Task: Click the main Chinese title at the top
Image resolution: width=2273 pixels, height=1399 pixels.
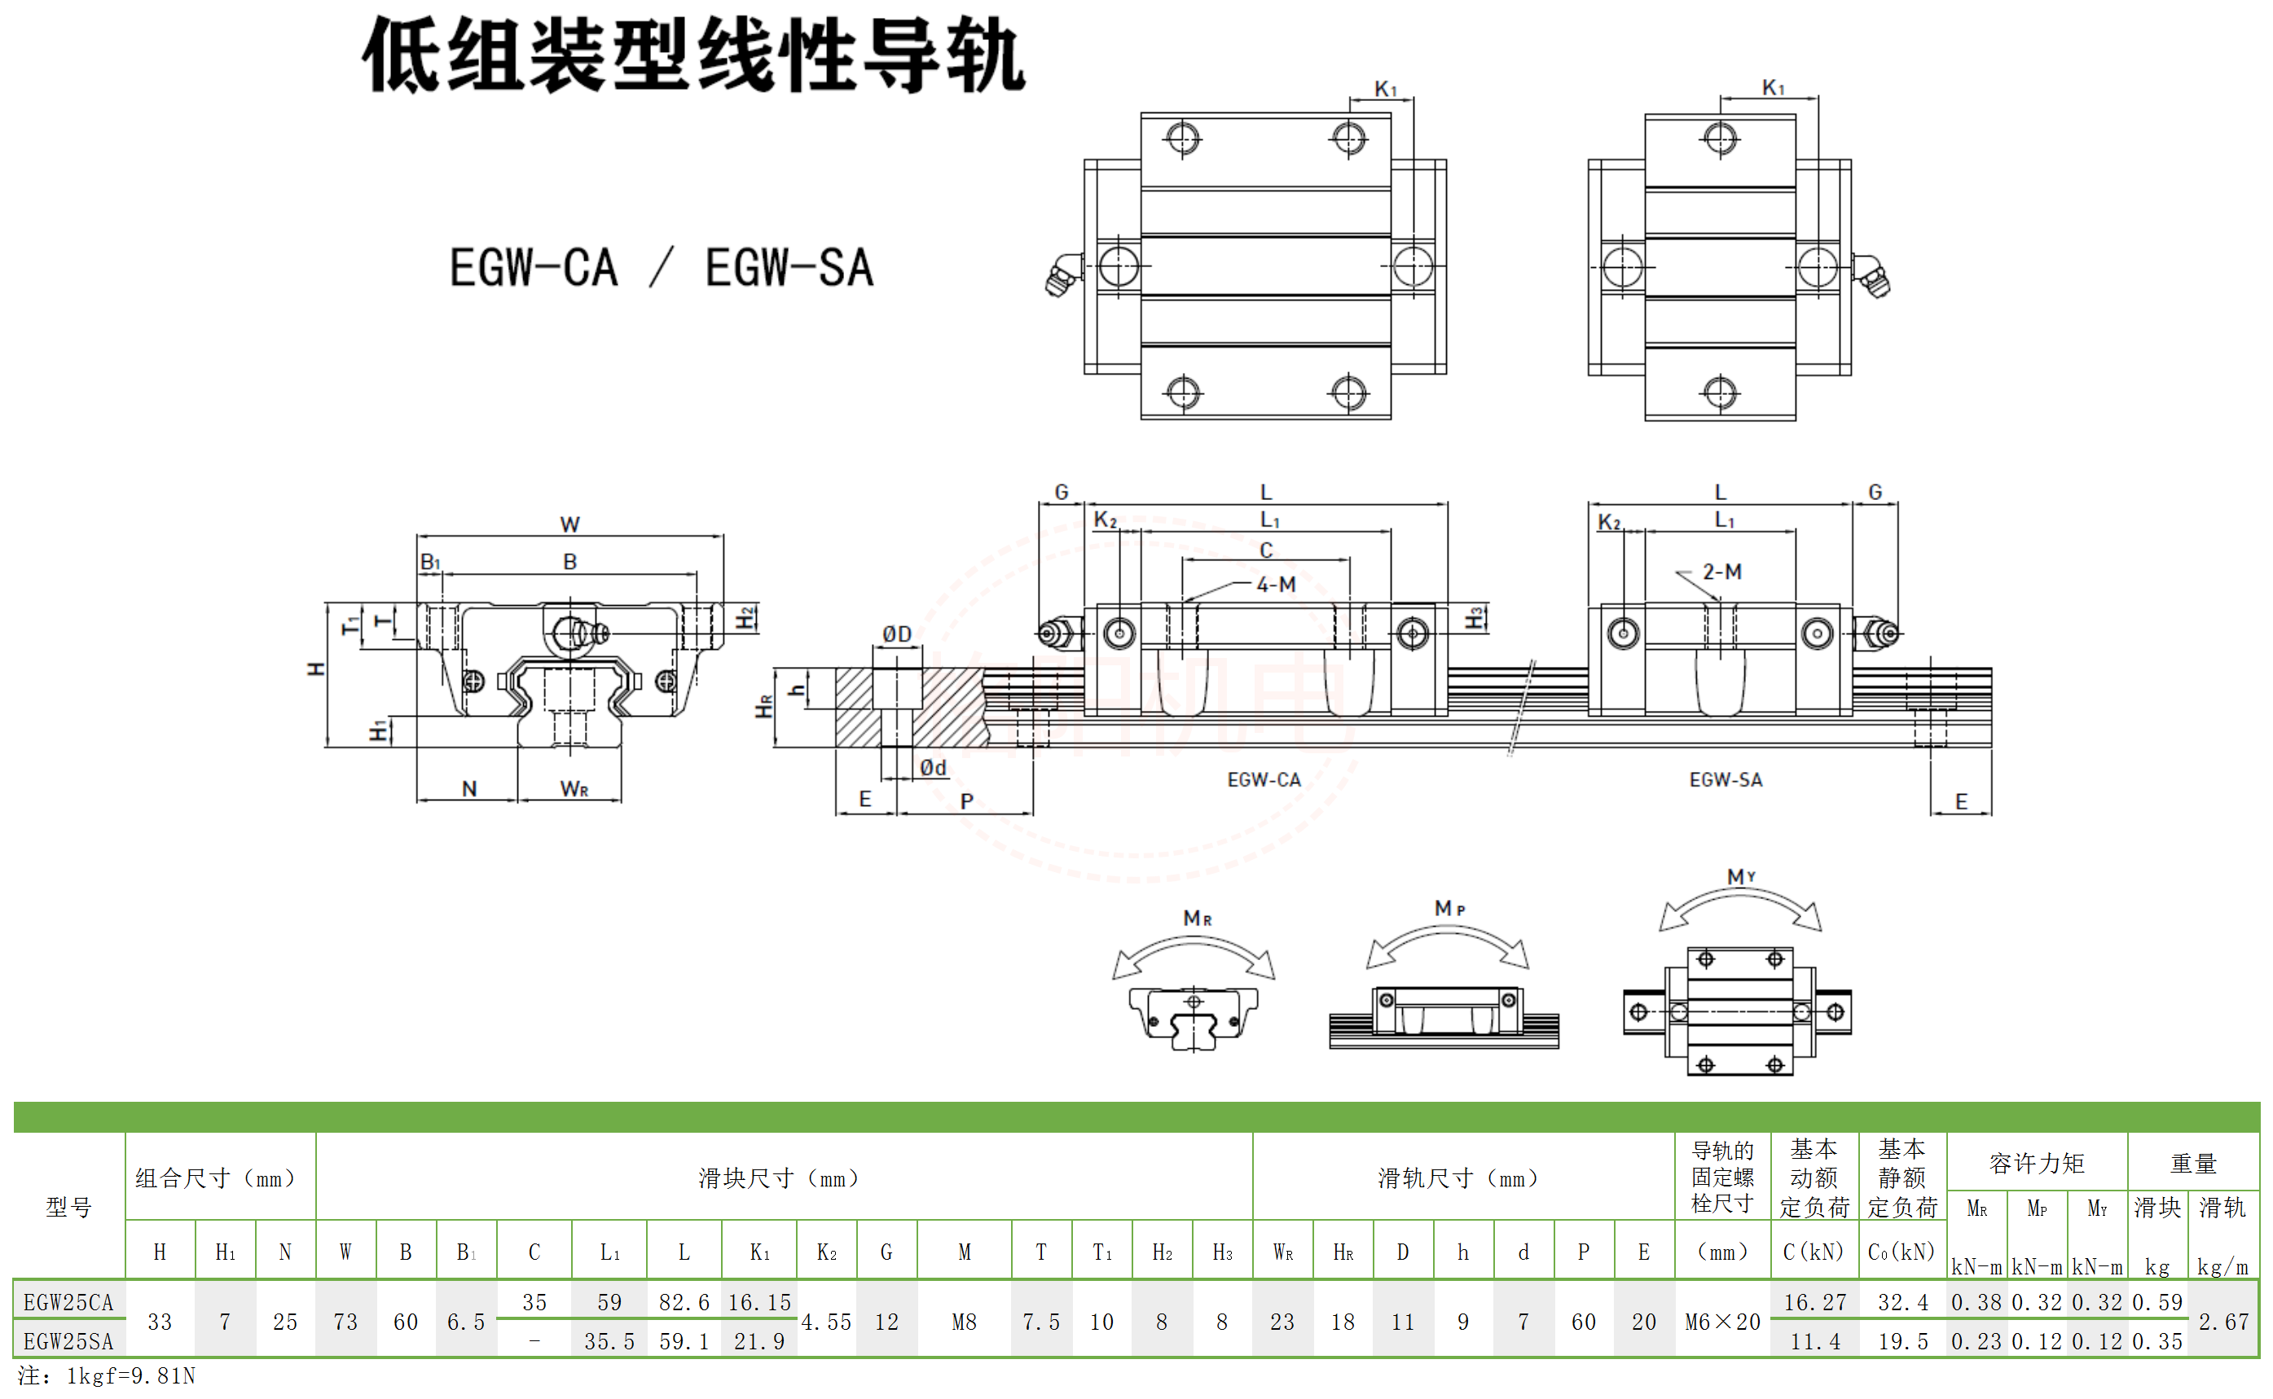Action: (x=693, y=55)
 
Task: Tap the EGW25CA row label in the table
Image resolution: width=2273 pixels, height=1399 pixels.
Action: (x=68, y=1302)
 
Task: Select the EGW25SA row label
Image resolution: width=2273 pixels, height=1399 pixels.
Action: (x=68, y=1340)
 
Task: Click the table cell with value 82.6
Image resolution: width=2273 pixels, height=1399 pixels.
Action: (x=684, y=1302)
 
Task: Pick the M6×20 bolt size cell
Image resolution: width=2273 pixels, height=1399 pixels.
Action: (x=1722, y=1322)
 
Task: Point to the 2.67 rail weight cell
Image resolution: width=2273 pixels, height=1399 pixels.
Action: (x=2223, y=1322)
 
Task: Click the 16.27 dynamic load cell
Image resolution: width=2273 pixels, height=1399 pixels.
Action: (x=1815, y=1302)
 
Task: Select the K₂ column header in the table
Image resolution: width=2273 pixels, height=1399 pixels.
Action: (x=826, y=1252)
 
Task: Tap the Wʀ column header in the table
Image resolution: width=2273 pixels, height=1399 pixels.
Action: (x=1282, y=1252)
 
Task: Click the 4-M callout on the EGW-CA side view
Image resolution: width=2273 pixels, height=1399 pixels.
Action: (x=1277, y=584)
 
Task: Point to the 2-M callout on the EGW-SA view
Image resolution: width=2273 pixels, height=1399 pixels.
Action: (x=1722, y=572)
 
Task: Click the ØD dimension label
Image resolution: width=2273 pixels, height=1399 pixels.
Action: (x=897, y=634)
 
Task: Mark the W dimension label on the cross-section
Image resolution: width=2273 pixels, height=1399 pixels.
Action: (x=570, y=524)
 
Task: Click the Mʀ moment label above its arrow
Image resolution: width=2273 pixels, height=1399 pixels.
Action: (x=1198, y=918)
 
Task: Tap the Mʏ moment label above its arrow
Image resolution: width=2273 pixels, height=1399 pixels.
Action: (x=1741, y=876)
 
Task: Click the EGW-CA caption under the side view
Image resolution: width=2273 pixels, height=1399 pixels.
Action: (x=1264, y=780)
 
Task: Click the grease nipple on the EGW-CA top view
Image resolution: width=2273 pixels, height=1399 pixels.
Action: (x=1062, y=274)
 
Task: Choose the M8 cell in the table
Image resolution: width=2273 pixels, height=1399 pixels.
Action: (x=965, y=1322)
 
